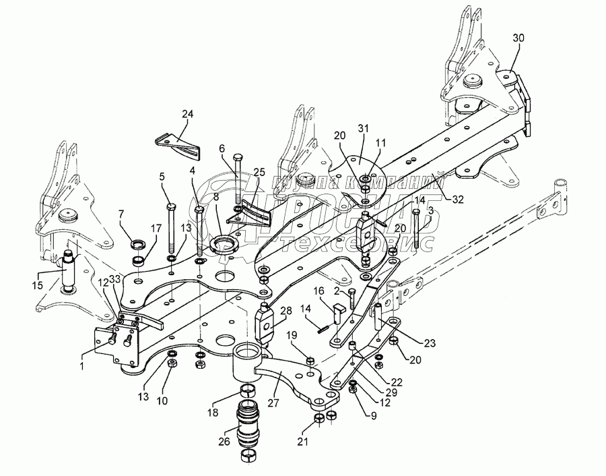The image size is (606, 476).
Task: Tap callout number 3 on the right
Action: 430,212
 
